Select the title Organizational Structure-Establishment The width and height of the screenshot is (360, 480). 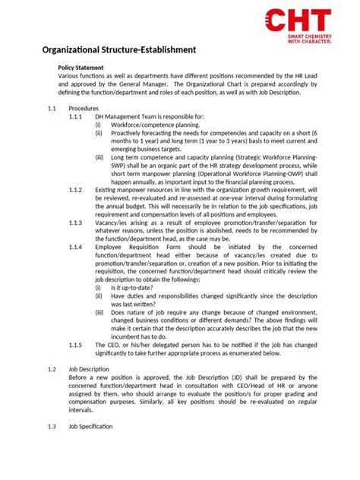(118, 50)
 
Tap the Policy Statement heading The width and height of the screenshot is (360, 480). (85, 68)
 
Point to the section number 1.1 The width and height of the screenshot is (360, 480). (52, 109)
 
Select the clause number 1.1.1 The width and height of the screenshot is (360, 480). (76, 117)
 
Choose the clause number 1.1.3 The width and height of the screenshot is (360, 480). (76, 223)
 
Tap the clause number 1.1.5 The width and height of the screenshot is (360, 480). (76, 345)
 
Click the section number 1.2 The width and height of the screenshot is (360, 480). (52, 370)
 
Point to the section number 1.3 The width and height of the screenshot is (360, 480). (52, 427)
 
